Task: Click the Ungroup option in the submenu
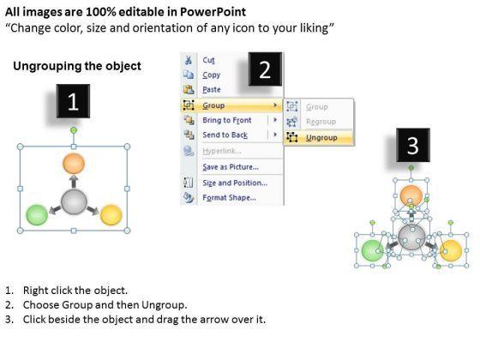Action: tap(321, 138)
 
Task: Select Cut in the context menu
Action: tap(208, 60)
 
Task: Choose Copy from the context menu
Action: tap(211, 75)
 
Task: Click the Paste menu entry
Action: tap(212, 90)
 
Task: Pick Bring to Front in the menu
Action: tap(227, 120)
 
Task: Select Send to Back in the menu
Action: tap(225, 135)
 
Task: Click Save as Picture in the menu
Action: tap(231, 167)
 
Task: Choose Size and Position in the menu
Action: tap(235, 183)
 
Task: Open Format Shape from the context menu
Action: tap(230, 198)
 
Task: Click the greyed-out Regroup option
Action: tap(321, 122)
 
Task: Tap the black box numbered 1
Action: tap(73, 101)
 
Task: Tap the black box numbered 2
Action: tap(265, 69)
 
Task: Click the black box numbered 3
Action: tap(413, 145)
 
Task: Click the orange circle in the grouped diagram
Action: tap(74, 164)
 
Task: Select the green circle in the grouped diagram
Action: tap(37, 215)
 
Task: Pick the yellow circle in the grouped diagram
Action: tap(111, 215)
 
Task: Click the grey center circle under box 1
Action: tap(74, 202)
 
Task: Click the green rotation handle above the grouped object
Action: tap(74, 130)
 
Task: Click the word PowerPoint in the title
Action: tap(213, 12)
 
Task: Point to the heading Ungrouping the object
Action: tap(77, 66)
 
